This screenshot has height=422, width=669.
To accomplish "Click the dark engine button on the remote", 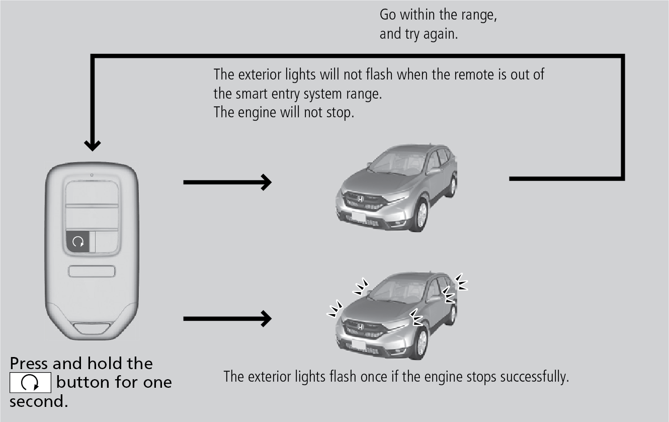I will [x=78, y=242].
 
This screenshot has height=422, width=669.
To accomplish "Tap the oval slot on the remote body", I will [x=92, y=271].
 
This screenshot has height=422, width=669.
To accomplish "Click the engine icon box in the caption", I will [x=30, y=383].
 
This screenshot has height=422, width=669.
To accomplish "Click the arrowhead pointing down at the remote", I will [x=92, y=145].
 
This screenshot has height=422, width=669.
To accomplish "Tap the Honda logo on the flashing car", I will [x=361, y=327].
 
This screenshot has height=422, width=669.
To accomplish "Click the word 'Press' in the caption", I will [x=29, y=364].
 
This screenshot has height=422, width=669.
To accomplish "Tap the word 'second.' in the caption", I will [x=38, y=402].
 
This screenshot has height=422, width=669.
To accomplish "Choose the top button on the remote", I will [x=92, y=193].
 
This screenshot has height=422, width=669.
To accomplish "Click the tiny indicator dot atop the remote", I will [x=92, y=176].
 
